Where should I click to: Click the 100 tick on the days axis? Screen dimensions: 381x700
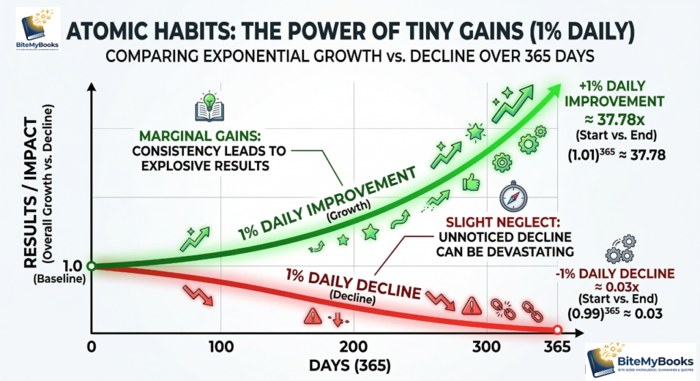[221, 347]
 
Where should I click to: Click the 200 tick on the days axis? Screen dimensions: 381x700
[353, 347]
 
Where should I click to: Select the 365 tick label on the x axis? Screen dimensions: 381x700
[556, 347]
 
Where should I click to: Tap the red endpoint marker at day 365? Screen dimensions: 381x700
[557, 330]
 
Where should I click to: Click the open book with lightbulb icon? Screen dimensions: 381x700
[207, 110]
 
